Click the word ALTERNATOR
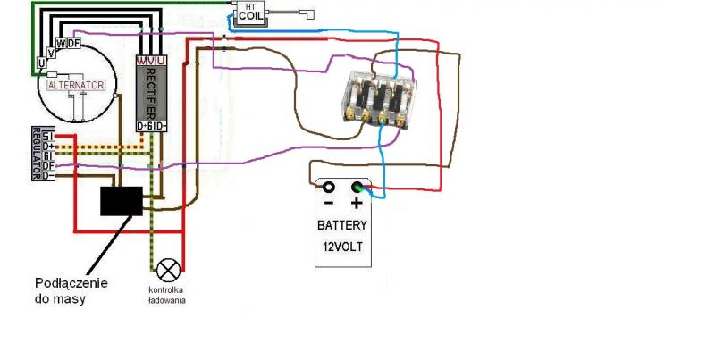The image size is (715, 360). tap(77, 85)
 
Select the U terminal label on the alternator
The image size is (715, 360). tap(41, 63)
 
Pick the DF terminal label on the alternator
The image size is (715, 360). tap(73, 42)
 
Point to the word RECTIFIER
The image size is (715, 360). tap(151, 93)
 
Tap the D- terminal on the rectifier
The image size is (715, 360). tap(162, 126)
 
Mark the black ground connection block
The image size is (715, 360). tap(120, 201)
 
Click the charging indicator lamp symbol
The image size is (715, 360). tap(168, 268)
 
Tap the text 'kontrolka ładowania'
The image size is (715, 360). tap(167, 296)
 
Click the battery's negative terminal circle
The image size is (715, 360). tap(328, 188)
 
